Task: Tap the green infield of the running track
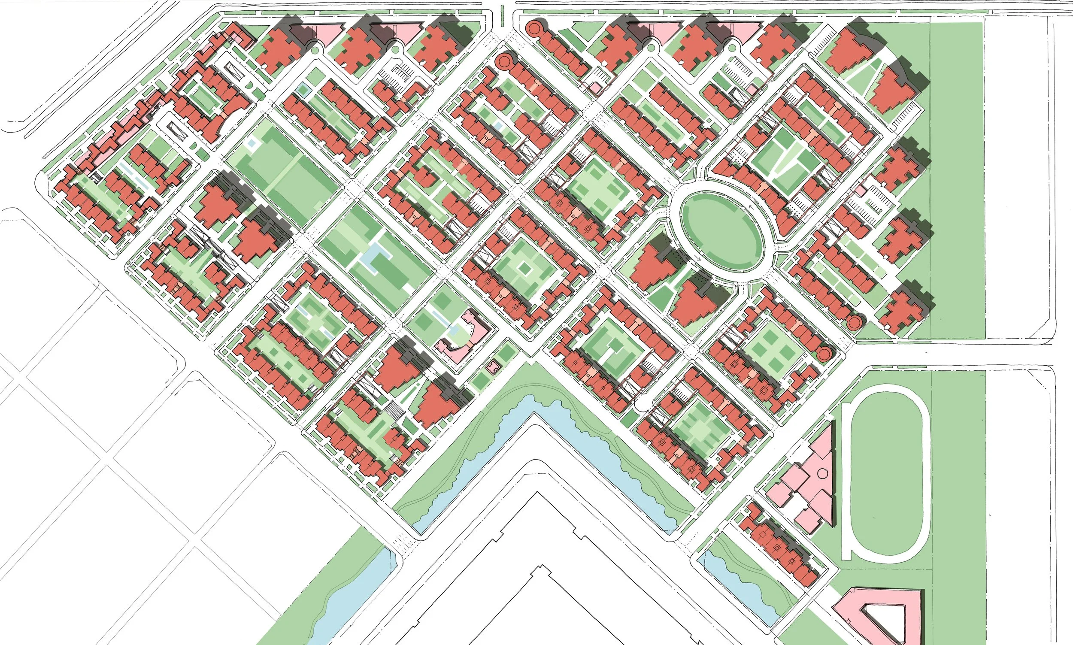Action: (887, 474)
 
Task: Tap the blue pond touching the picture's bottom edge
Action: (343, 609)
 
